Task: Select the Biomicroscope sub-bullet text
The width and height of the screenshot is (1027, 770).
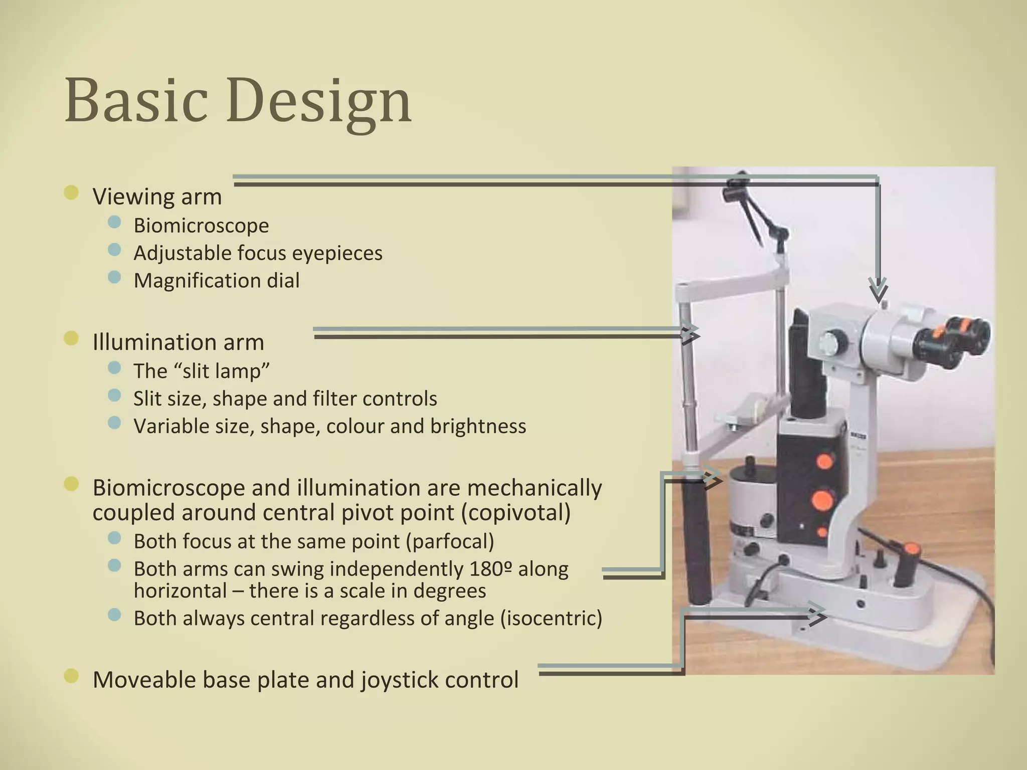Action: pos(201,226)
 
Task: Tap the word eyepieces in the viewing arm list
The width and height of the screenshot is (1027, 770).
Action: pos(337,253)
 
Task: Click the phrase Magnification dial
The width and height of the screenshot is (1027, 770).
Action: pos(216,281)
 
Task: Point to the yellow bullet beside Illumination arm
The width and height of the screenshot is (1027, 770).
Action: pos(72,339)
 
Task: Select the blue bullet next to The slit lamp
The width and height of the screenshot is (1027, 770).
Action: pos(114,368)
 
